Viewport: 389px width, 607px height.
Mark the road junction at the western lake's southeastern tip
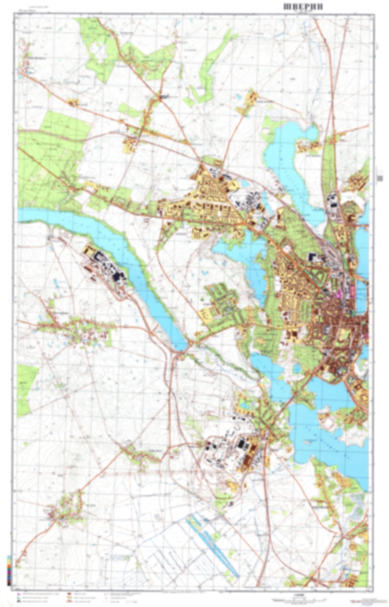tap(191, 343)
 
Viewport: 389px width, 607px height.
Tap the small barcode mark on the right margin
tap(380, 178)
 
